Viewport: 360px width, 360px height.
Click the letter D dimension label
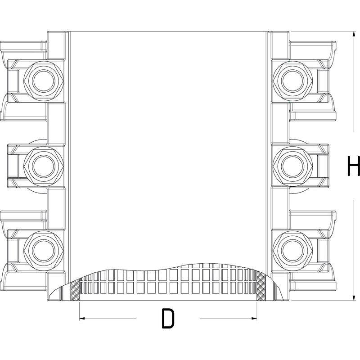[x=167, y=319]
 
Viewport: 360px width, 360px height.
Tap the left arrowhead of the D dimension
[x=82, y=319]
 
